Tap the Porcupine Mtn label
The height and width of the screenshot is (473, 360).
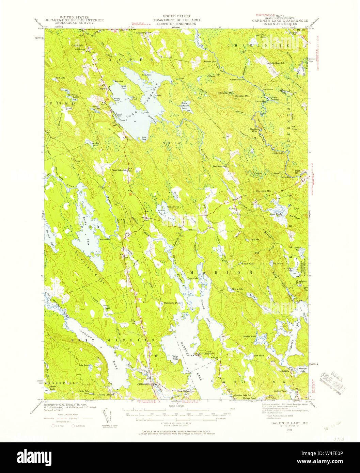coord(264,191)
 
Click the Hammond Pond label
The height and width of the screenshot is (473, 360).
coord(172,302)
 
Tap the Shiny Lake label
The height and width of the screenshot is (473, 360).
coord(237,289)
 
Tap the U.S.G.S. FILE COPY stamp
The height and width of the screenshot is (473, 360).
coord(332,380)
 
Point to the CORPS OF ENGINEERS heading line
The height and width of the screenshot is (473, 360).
coord(177,24)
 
